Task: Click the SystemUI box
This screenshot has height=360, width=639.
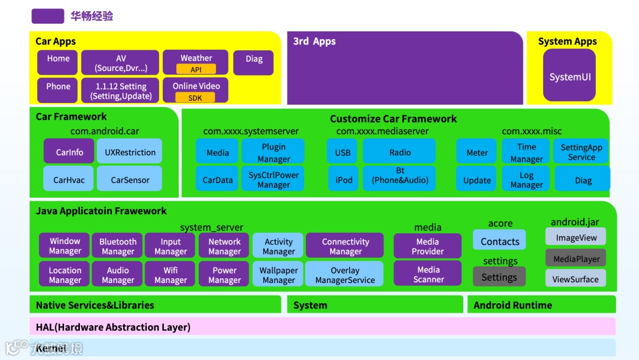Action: click(x=569, y=76)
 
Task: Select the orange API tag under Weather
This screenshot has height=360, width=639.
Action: click(x=196, y=69)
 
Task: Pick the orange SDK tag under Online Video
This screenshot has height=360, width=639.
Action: click(x=195, y=98)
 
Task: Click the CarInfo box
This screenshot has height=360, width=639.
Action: click(x=69, y=152)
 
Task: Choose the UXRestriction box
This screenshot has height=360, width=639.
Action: click(x=130, y=152)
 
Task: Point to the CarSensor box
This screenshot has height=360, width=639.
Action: click(x=130, y=179)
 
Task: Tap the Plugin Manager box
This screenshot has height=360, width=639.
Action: click(x=273, y=152)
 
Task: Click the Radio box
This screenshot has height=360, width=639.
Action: click(x=399, y=152)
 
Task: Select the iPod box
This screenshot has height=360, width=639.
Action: click(x=343, y=179)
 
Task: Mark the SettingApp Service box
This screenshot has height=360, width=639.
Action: click(x=582, y=152)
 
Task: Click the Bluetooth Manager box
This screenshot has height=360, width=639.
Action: click(x=118, y=246)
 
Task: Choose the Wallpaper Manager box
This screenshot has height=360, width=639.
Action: click(x=278, y=274)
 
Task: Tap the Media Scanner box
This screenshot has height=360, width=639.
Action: click(x=428, y=274)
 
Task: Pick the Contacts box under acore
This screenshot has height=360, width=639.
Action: click(x=499, y=240)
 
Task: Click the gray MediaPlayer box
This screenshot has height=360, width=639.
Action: click(x=576, y=258)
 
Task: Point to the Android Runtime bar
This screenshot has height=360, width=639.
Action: click(x=541, y=305)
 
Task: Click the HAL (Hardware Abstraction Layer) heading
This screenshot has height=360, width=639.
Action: click(x=113, y=327)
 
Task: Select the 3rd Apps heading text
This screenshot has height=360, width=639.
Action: click(x=314, y=41)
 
